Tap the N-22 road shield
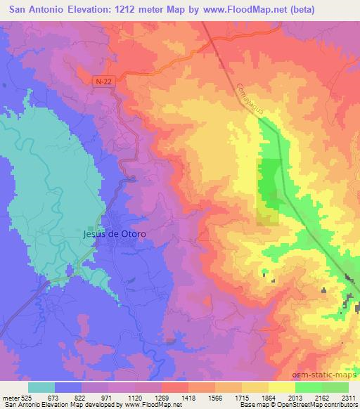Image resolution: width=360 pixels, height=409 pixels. coord(103,82)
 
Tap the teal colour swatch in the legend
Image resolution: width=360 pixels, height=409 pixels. coord(41,387)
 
